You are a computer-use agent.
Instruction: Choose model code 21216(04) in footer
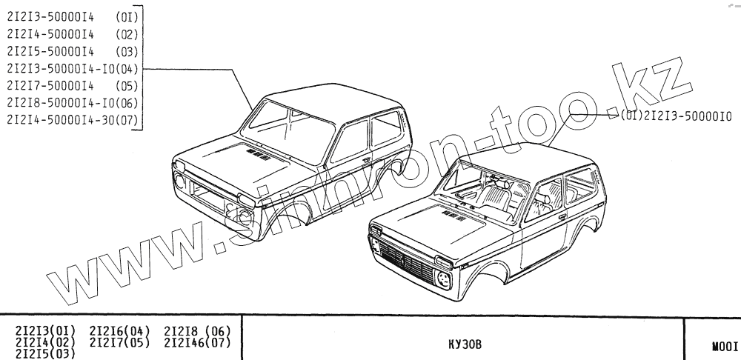119,330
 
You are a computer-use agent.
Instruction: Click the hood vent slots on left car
259,155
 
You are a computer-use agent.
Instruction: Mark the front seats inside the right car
493,196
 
